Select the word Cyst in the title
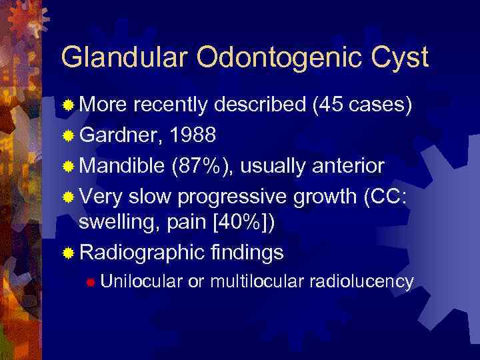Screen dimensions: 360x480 [x=399, y=58]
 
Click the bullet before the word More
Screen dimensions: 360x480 [x=68, y=105]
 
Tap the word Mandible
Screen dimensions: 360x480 [x=122, y=165]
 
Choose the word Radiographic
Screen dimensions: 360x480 [x=141, y=253]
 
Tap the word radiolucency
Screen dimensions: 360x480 [x=361, y=282]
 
